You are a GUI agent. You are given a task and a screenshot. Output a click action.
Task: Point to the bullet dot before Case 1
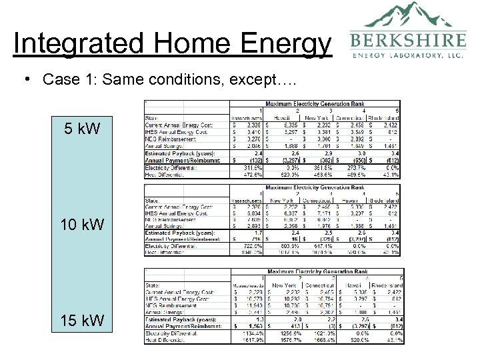tap(25, 79)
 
